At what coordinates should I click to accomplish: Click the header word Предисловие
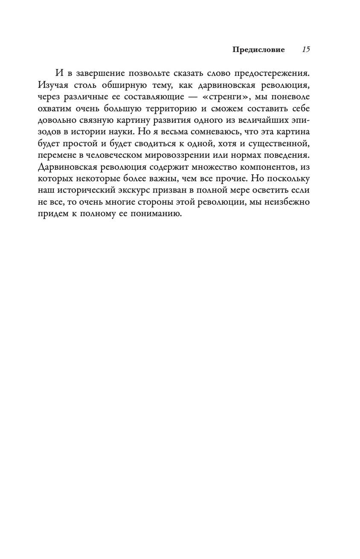tap(258, 49)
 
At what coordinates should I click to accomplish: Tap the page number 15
tap(306, 49)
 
